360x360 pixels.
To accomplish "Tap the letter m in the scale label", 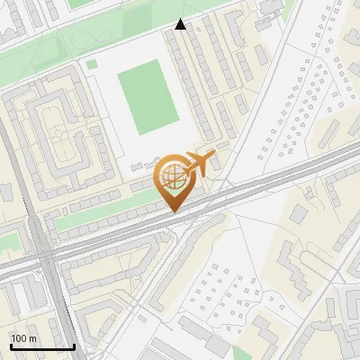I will pyautogui.click(x=32, y=338).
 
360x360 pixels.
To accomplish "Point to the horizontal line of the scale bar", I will pyautogui.click(x=41, y=347).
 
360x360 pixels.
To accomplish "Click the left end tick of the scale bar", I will pyautogui.click(x=10, y=345).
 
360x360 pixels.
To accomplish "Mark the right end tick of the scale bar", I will pyautogui.click(x=74, y=345).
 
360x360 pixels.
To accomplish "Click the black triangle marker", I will pyautogui.click(x=181, y=24).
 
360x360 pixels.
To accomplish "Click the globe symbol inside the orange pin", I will pyautogui.click(x=173, y=175).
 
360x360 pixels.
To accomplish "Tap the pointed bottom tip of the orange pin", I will pyautogui.click(x=174, y=212).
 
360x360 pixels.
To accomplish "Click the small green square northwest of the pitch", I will pyautogui.click(x=91, y=64).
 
